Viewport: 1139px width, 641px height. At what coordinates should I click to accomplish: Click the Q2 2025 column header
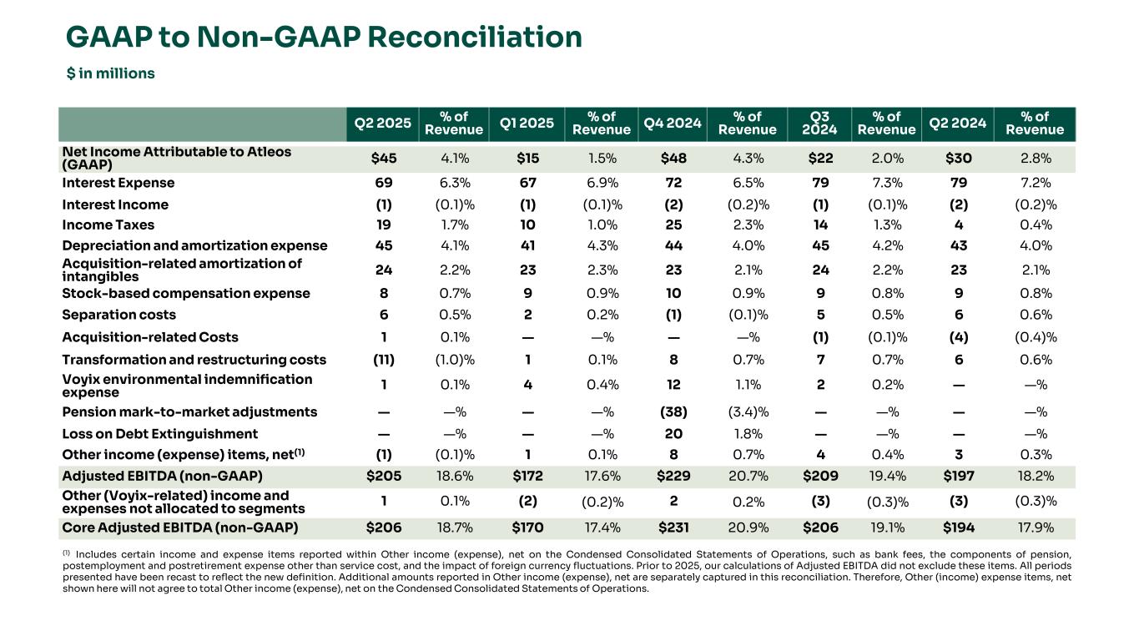(x=383, y=124)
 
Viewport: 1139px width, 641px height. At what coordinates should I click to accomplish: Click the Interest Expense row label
(x=118, y=183)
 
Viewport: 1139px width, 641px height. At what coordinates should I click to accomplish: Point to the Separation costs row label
(x=119, y=315)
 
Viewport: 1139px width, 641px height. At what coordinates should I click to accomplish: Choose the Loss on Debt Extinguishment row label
(x=160, y=434)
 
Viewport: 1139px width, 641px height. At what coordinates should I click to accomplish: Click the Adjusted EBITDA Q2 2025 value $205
(x=383, y=477)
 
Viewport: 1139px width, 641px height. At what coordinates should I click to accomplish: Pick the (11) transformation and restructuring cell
(x=383, y=360)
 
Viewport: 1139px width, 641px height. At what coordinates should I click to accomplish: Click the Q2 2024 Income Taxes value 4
(x=958, y=225)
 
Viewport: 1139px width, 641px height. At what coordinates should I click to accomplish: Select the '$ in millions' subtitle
(x=111, y=73)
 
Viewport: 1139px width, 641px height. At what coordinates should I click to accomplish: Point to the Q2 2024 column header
(x=958, y=124)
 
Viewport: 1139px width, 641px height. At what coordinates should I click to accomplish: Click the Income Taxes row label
(x=108, y=225)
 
